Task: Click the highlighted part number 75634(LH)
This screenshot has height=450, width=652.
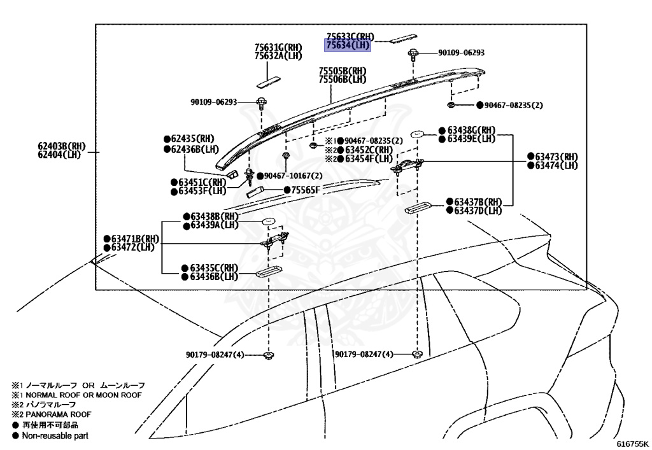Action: (x=348, y=46)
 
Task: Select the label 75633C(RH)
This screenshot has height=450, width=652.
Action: (x=350, y=37)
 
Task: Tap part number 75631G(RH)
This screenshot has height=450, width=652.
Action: (x=278, y=47)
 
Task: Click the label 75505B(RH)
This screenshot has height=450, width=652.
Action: (x=343, y=71)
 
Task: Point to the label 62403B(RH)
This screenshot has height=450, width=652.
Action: (x=61, y=146)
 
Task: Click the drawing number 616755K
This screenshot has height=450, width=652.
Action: (x=632, y=443)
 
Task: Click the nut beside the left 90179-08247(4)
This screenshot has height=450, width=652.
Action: (x=269, y=355)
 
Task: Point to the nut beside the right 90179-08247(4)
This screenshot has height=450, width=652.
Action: (x=417, y=354)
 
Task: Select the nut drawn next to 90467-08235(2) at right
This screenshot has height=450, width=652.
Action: (x=451, y=104)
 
